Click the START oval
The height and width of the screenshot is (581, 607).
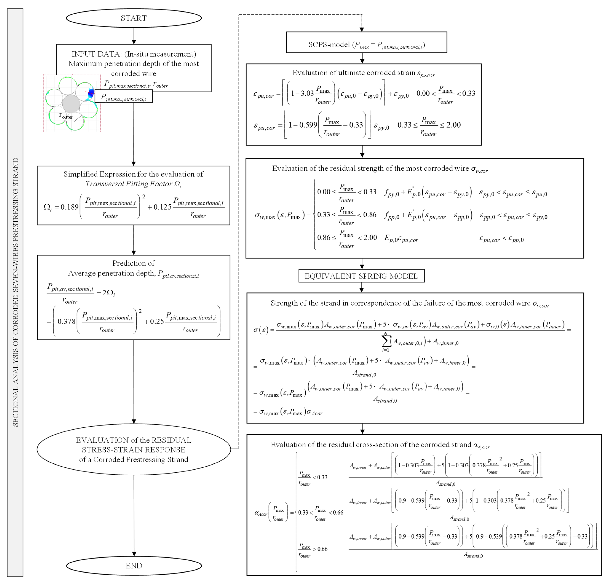tap(134, 18)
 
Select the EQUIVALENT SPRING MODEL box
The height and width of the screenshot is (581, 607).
tap(361, 276)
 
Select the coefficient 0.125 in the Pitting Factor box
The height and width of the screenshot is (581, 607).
tap(162, 207)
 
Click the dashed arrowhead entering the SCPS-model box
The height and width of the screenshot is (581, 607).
tap(362, 29)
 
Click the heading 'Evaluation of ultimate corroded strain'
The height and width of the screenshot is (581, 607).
tap(354, 73)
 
